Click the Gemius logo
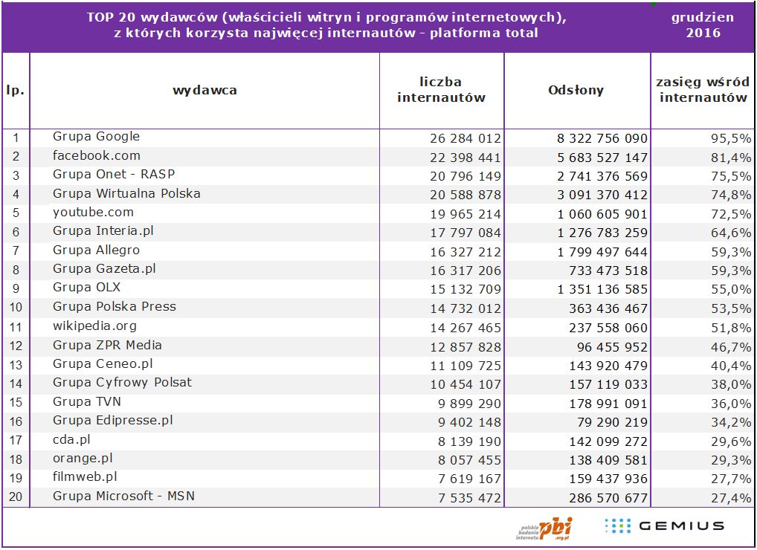click(x=664, y=526)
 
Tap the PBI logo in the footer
click(x=546, y=528)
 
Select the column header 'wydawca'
click(x=204, y=91)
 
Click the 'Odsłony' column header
click(x=576, y=91)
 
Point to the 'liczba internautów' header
click(x=441, y=90)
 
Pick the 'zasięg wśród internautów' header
click(x=703, y=90)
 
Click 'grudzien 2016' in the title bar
click(x=703, y=25)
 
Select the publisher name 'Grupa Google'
click(x=96, y=137)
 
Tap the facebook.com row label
click(x=96, y=156)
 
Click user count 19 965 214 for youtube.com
click(x=466, y=214)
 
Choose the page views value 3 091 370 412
click(x=602, y=195)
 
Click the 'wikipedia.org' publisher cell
click(x=94, y=326)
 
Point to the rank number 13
click(x=16, y=365)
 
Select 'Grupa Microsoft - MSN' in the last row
click(x=123, y=496)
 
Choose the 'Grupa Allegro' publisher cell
click(x=96, y=250)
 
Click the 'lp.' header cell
click(x=16, y=91)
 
